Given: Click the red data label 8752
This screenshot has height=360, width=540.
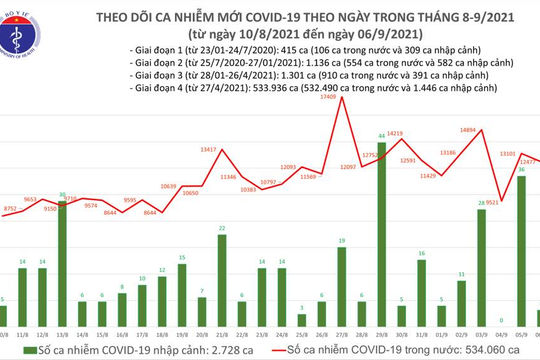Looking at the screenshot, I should click(x=11, y=208).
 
